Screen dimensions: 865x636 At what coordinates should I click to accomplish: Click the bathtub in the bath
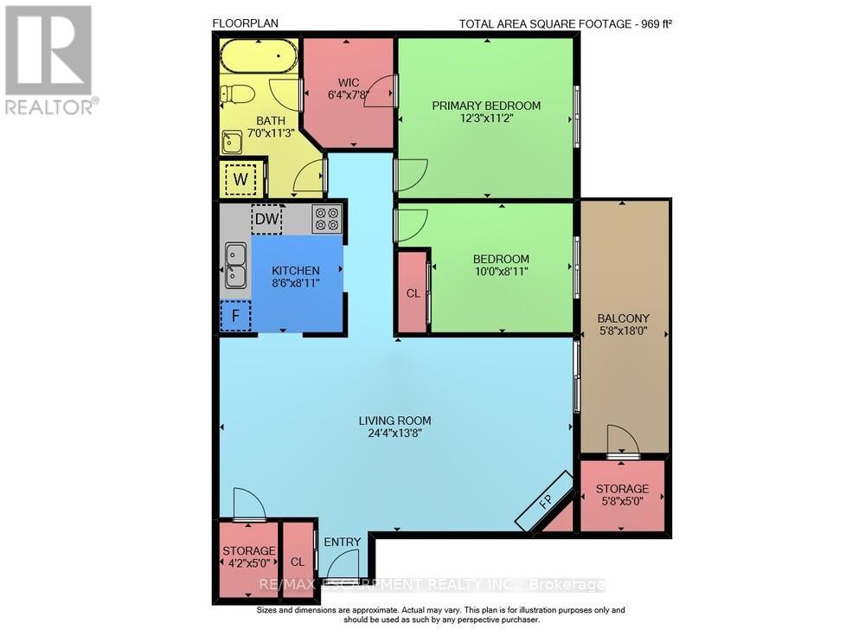click(259, 55)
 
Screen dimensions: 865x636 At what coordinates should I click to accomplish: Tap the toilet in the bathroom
click(237, 93)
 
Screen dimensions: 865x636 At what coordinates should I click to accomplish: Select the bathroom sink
click(232, 142)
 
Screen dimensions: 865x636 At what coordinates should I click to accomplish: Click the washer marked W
click(240, 179)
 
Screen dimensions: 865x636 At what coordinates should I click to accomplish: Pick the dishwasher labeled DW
click(267, 219)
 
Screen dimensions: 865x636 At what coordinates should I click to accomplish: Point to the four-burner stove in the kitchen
click(327, 218)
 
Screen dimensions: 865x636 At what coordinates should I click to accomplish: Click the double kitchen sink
click(235, 266)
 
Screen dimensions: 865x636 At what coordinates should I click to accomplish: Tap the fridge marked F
click(235, 316)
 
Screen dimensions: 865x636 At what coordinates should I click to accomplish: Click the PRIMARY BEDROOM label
click(486, 106)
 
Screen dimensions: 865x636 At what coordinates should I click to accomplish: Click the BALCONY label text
click(624, 318)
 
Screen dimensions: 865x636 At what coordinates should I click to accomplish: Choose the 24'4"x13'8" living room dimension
click(395, 434)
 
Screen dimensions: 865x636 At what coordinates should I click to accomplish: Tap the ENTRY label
click(342, 543)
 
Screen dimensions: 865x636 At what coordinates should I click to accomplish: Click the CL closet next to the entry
click(298, 560)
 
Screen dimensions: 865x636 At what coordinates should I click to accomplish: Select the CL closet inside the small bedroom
click(413, 292)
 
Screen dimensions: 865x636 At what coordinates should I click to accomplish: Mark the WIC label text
click(348, 83)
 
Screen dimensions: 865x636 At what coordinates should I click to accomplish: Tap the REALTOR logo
click(49, 60)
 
